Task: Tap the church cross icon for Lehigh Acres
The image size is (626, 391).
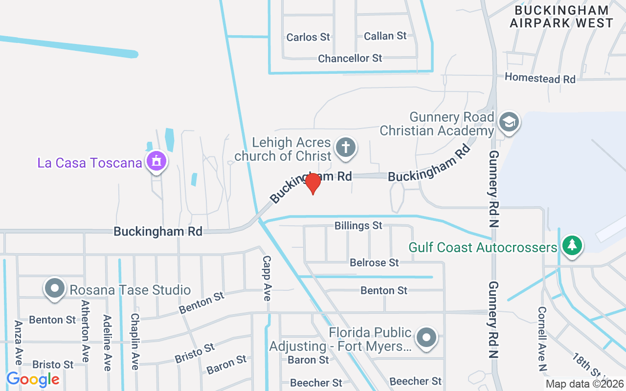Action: pyautogui.click(x=345, y=147)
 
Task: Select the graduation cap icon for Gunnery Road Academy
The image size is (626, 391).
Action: pyautogui.click(x=509, y=122)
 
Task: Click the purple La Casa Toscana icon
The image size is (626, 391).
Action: pyautogui.click(x=156, y=161)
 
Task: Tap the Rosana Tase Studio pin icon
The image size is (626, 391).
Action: pyautogui.click(x=55, y=288)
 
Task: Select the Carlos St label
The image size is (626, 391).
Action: pyautogui.click(x=308, y=37)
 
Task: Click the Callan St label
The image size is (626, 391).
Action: pyautogui.click(x=385, y=36)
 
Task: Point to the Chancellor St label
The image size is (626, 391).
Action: pyautogui.click(x=350, y=58)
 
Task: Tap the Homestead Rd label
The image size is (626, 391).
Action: pyautogui.click(x=540, y=78)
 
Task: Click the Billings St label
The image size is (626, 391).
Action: pyautogui.click(x=358, y=225)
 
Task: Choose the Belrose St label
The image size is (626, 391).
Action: pyautogui.click(x=374, y=262)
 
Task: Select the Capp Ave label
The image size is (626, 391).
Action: pyautogui.click(x=267, y=278)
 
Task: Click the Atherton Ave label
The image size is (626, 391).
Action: pyautogui.click(x=86, y=331)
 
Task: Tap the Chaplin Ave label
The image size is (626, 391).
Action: pyautogui.click(x=134, y=341)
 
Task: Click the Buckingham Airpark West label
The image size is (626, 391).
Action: pyautogui.click(x=561, y=17)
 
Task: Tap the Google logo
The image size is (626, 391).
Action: pyautogui.click(x=33, y=379)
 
